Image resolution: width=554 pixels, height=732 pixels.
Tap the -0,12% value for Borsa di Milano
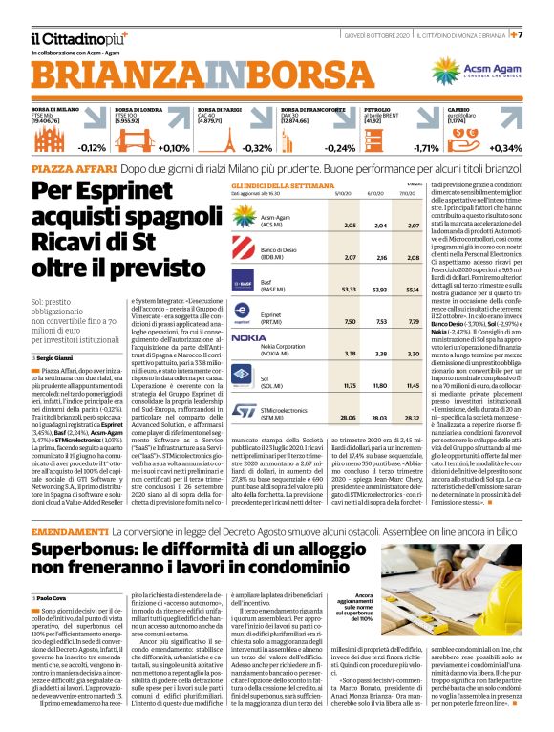coord(94,148)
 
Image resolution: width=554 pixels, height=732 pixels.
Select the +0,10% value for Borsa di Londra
coord(173,148)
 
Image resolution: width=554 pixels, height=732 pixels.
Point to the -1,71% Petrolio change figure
coord(426,148)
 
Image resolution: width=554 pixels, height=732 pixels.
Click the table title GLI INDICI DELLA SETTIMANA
coord(274,185)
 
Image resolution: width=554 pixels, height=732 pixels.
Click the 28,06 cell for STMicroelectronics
coord(321,390)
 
